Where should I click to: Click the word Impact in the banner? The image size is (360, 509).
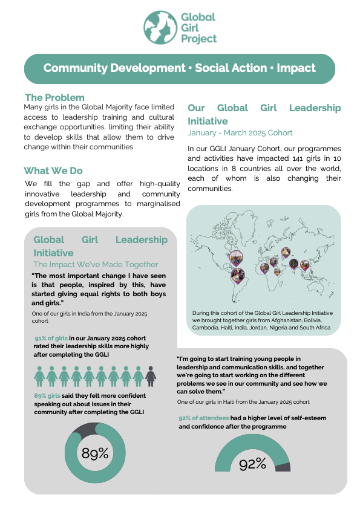coord(296,68)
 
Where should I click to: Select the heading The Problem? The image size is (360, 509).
coord(54,97)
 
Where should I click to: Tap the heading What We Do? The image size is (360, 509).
coord(53,171)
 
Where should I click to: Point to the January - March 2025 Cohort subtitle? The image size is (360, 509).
coord(240,132)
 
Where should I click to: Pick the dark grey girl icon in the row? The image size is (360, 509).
coord(151,376)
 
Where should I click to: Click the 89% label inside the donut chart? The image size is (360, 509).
coord(95,453)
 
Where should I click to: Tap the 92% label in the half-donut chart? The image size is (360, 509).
coord(252,464)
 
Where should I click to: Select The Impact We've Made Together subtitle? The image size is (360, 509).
coord(96,264)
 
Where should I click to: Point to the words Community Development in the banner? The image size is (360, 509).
coord(114,68)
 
